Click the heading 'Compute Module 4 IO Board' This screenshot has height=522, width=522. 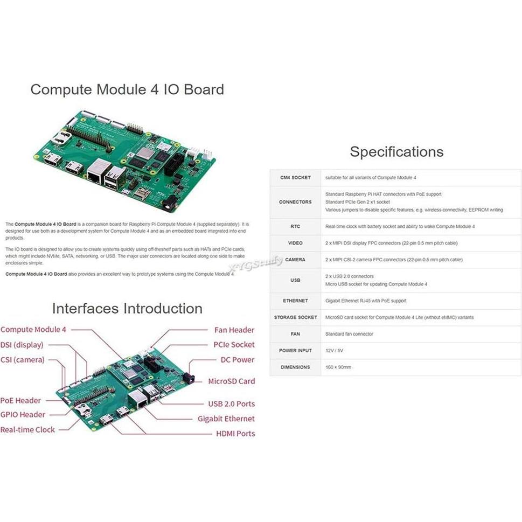(x=127, y=89)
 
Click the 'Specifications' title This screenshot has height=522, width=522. (x=396, y=152)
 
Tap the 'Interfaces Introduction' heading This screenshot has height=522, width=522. (x=127, y=309)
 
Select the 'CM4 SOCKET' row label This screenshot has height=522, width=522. (x=295, y=177)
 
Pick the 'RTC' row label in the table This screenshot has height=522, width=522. (x=295, y=226)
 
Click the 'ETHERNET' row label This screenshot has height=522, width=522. (x=295, y=301)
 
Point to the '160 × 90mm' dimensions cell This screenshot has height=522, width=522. (x=338, y=367)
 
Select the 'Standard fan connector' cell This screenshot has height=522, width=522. (x=349, y=334)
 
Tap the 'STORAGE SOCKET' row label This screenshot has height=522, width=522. (x=295, y=317)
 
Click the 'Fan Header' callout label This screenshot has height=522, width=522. (x=234, y=330)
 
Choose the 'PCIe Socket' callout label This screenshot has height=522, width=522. (x=234, y=345)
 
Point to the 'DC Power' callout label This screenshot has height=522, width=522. (x=237, y=360)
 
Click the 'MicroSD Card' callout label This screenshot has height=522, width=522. (x=232, y=381)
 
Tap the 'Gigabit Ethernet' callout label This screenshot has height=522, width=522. (x=226, y=419)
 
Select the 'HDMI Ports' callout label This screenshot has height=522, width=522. (x=235, y=434)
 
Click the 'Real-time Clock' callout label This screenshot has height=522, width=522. (x=27, y=430)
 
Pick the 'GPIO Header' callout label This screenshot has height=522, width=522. (x=23, y=415)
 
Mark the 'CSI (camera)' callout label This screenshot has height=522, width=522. (x=22, y=360)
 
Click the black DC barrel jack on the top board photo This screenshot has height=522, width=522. (x=171, y=204)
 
